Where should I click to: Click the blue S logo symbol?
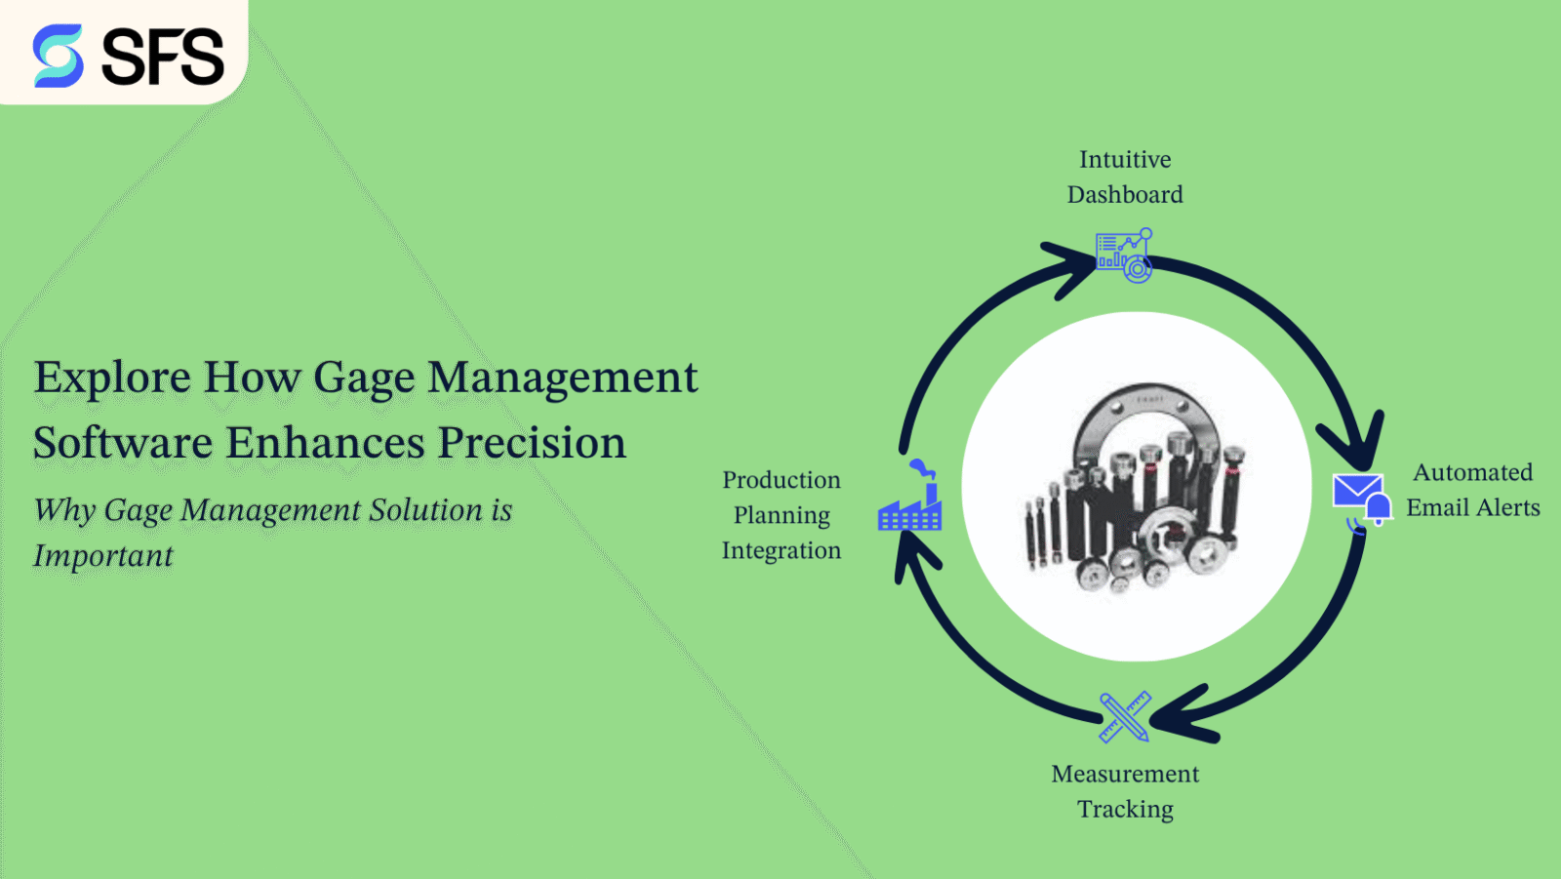(59, 56)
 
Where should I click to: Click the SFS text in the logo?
(163, 57)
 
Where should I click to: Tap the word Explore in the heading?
(111, 378)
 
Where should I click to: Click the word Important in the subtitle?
(103, 555)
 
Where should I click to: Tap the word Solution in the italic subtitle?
(424, 510)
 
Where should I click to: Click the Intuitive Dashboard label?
(1125, 177)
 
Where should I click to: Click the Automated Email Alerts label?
(1472, 490)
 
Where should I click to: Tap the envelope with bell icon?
(1362, 500)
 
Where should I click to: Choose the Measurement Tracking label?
(1125, 791)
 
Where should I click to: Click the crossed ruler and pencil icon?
(1124, 717)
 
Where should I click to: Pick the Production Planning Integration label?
(781, 515)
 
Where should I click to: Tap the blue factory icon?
(910, 499)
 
